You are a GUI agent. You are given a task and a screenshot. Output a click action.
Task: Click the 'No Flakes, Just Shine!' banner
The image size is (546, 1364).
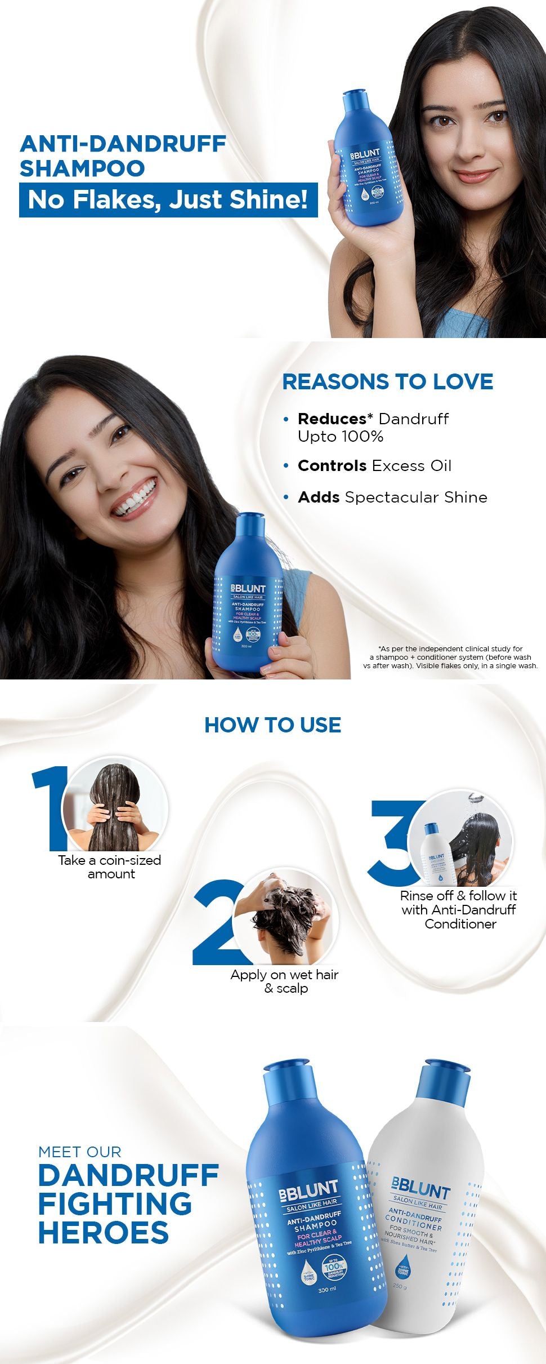coord(168,199)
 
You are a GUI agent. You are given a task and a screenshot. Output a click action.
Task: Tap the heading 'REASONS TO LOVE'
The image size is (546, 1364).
coord(387,381)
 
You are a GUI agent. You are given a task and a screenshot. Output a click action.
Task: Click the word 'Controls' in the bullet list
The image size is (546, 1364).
coord(332,466)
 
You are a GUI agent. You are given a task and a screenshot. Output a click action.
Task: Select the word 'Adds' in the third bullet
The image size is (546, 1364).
coord(319,497)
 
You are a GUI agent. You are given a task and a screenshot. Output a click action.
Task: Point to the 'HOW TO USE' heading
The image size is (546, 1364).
coord(272,725)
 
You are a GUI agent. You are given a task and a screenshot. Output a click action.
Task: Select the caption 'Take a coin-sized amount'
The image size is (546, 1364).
coord(110,867)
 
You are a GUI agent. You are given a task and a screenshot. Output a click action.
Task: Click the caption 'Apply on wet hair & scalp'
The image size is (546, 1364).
coord(285,981)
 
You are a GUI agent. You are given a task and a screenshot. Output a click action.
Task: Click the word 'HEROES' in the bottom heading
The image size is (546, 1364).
coord(104,1233)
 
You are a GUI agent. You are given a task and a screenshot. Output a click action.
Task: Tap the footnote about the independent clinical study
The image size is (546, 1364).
coord(450,657)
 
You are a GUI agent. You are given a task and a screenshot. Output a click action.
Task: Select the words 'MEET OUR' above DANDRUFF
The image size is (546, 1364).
coord(80,1152)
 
